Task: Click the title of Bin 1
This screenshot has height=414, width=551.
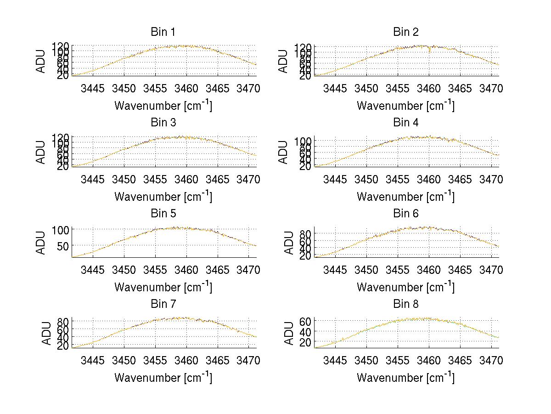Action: [163, 32]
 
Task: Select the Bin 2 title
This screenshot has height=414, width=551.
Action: [406, 32]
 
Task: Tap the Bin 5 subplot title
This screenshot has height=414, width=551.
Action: [163, 214]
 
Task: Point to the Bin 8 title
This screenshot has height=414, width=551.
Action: [406, 304]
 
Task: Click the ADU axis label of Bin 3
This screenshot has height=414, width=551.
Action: [41, 152]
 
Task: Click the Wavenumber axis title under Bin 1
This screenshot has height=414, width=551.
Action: [163, 105]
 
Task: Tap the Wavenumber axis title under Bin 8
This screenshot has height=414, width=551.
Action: [406, 377]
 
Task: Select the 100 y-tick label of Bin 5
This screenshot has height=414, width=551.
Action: [60, 229]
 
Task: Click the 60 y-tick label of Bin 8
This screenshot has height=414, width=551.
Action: [305, 321]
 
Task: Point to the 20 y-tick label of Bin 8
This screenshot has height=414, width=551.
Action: [305, 342]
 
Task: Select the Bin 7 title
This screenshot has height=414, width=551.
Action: [163, 304]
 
